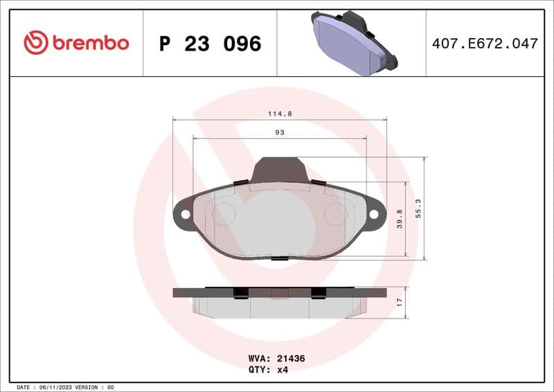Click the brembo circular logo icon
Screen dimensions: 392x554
35,43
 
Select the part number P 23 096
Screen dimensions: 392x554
210,44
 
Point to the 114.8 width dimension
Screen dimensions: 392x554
279,114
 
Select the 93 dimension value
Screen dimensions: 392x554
280,132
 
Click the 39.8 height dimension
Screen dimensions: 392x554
399,220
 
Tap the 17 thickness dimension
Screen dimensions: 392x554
399,302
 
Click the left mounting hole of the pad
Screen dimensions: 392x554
185,215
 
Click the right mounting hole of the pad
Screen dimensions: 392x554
374,215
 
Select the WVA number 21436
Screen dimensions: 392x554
291,359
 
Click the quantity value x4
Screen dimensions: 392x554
282,370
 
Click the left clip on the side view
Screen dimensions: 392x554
240,292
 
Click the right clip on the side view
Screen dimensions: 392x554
319,292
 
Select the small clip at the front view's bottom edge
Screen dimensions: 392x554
280,259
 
